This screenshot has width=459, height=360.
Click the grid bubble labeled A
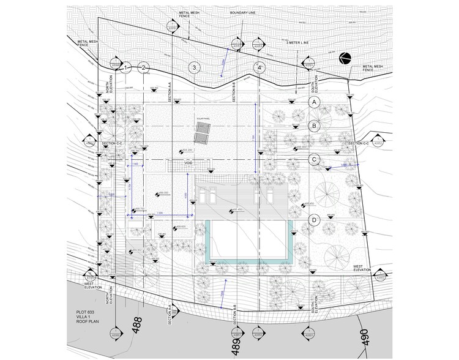[x=314, y=102]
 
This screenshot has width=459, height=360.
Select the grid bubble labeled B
[x=314, y=126]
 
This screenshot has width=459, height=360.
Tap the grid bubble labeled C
[x=314, y=160]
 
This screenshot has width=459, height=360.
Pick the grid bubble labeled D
[x=314, y=220]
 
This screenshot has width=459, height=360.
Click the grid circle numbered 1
[x=127, y=68]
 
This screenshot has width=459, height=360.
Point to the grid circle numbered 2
[x=144, y=68]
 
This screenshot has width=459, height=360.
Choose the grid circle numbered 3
[x=194, y=68]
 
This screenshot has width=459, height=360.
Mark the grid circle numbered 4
[x=259, y=68]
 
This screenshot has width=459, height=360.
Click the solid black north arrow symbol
[x=346, y=58]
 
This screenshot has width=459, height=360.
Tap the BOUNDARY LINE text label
[x=244, y=13]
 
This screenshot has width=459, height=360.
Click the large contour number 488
[x=137, y=323]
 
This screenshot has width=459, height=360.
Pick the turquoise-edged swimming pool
[x=248, y=241]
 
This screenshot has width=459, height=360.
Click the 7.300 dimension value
[x=159, y=212]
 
